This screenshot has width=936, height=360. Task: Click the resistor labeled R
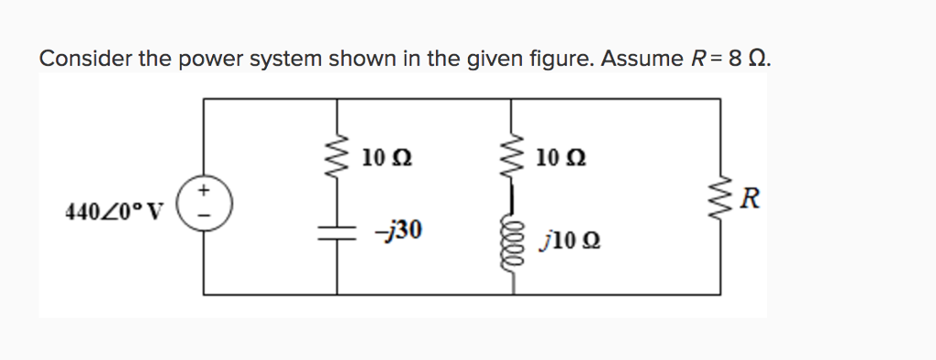click(718, 198)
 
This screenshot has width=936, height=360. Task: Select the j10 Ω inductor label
click(569, 241)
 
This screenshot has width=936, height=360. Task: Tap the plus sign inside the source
click(204, 189)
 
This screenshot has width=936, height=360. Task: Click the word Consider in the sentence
click(84, 59)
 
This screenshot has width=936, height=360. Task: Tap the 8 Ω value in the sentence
click(746, 59)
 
